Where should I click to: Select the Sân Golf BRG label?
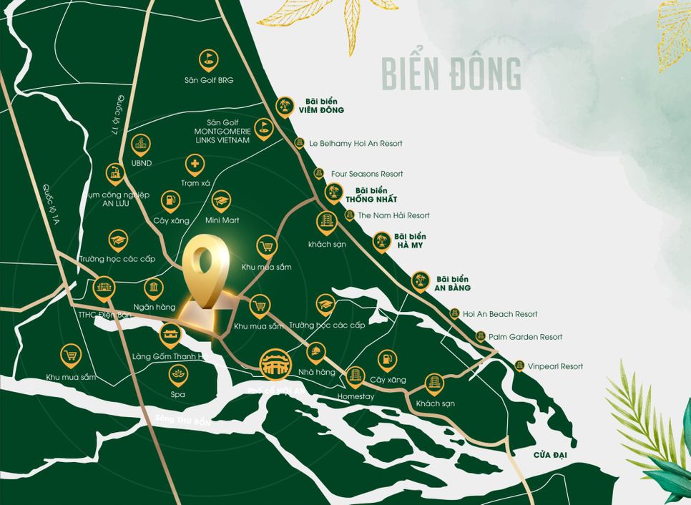(209, 80)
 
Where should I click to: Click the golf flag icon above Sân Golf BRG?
(208, 57)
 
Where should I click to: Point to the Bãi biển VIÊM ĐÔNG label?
(321, 106)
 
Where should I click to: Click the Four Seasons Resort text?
(367, 174)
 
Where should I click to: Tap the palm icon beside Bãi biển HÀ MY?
(381, 241)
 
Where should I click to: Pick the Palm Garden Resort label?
(526, 336)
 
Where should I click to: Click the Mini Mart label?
(222, 220)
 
